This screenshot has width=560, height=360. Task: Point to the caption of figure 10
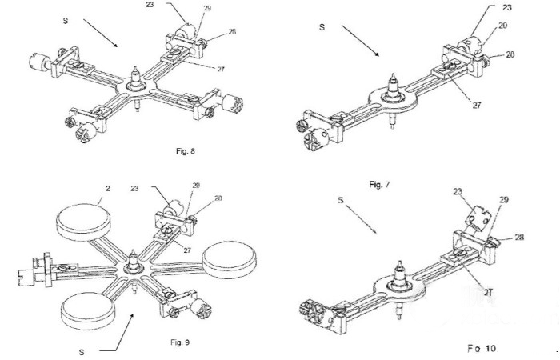coord(482,349)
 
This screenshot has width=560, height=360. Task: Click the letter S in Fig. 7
coord(322,27)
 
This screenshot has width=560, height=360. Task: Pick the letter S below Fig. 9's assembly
coord(82,350)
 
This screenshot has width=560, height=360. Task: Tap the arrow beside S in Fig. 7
coord(359,42)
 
